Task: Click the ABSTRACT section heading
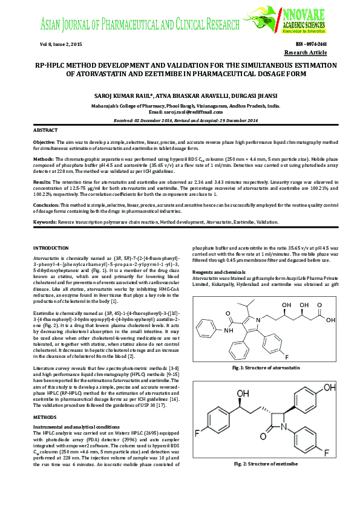tap(45, 130)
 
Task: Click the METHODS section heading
tap(44, 417)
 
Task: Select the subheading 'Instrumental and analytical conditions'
tap(75, 427)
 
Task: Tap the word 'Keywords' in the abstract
tap(44, 222)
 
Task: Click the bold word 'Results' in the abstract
tap(42, 181)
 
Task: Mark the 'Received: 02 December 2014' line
tap(180, 120)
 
